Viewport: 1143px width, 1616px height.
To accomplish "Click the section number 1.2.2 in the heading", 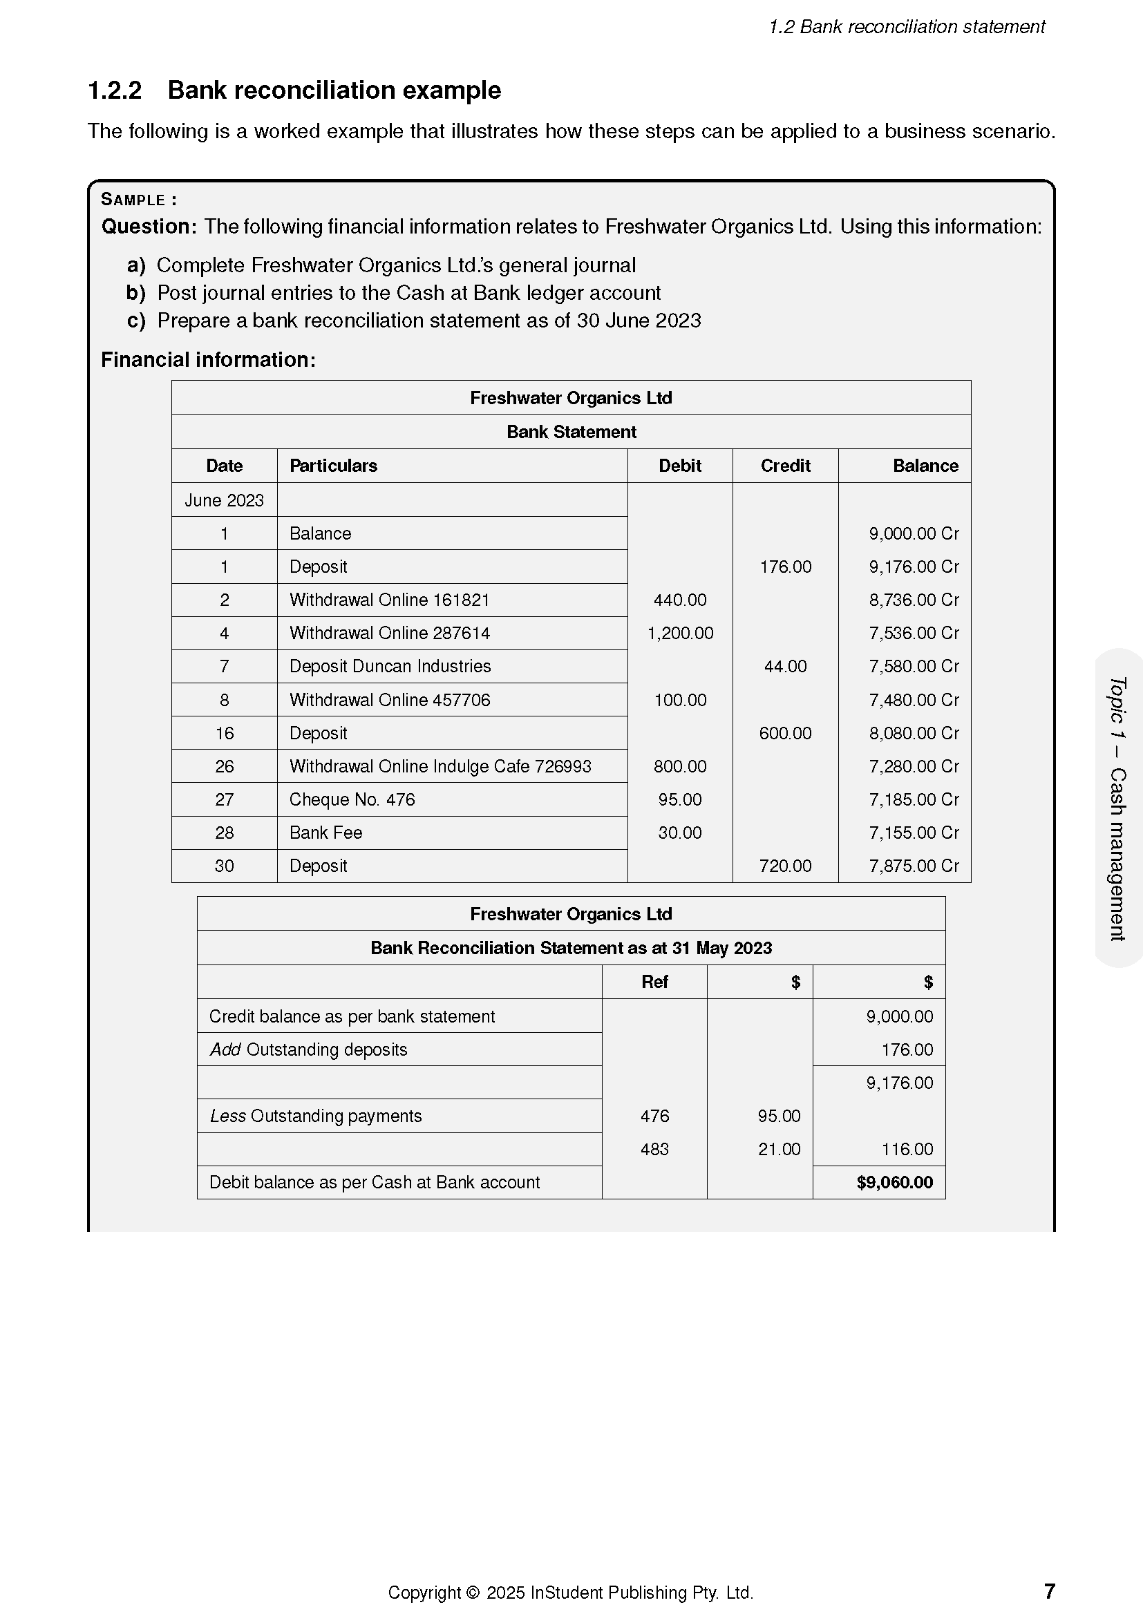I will [x=115, y=91].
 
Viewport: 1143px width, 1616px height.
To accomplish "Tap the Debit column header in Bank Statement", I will [x=679, y=466].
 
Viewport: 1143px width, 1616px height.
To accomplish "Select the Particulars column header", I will [x=333, y=466].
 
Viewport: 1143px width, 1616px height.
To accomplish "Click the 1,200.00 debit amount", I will [x=679, y=634].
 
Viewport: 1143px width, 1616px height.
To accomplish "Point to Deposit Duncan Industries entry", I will [x=390, y=667].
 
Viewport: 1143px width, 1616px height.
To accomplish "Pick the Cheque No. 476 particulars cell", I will [x=352, y=799].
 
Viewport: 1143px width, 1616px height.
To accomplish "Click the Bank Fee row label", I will [x=325, y=833].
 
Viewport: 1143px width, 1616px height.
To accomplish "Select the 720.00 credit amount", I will [x=785, y=866].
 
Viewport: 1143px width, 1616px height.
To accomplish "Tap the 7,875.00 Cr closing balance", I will [x=913, y=866].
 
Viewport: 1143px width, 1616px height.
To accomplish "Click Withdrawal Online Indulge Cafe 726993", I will [x=440, y=766].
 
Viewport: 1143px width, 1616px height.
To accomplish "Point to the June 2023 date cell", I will [x=224, y=500].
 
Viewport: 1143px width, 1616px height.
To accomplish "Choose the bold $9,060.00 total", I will [x=894, y=1182].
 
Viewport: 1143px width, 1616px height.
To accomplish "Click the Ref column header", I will [x=654, y=982].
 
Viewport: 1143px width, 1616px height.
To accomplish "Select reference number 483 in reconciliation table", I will [x=654, y=1150].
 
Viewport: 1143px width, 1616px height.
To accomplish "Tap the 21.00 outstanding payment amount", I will [x=778, y=1150].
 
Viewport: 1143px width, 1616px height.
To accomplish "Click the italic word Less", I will [x=227, y=1116].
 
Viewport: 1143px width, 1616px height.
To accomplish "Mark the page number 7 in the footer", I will [x=1049, y=1591].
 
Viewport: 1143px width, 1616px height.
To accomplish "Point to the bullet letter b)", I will [x=136, y=293].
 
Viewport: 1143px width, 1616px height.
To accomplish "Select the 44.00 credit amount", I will [x=785, y=667].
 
